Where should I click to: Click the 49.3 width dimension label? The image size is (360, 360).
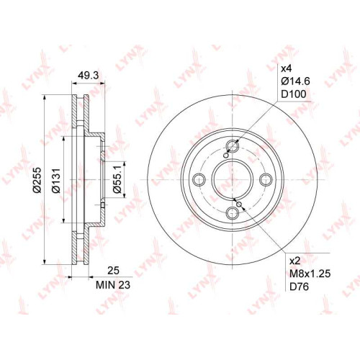88,75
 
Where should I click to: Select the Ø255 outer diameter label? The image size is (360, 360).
37,180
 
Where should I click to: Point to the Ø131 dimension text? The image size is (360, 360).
57,181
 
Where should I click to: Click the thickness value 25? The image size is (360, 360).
113,271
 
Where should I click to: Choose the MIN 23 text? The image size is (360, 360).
113,285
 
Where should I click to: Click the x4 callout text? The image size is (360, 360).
286,69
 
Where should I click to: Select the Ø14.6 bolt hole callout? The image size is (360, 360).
295,81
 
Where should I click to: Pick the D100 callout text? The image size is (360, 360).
294,94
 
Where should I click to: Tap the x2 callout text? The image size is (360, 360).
295,261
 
